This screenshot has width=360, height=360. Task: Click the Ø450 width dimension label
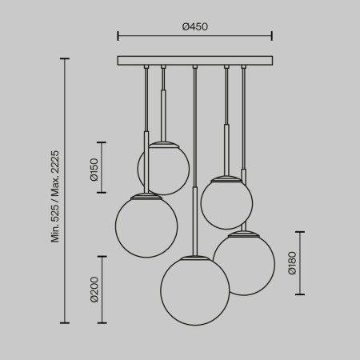194,26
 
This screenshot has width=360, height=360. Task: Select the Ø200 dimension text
94,289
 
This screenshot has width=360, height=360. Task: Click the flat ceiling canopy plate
194,60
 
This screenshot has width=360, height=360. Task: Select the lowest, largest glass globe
194,290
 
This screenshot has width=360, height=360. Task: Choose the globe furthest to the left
146,225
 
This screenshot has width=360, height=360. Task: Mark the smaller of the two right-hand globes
226,202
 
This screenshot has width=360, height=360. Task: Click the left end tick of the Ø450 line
118,35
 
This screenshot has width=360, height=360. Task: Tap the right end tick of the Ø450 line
272,35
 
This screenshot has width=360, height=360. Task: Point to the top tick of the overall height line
65,58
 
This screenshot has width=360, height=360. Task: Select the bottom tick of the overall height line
65,322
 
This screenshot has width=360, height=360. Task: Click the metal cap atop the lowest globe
194,257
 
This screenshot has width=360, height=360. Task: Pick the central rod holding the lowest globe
194,160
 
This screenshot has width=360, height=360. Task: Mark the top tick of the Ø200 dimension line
101,256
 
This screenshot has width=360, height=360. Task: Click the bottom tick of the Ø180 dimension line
301,294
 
